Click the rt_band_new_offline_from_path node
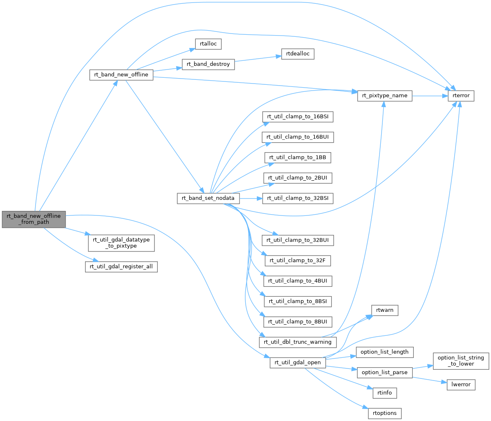tap(33, 219)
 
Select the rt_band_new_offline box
tap(121, 75)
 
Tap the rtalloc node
tap(209, 43)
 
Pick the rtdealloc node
tap(298, 54)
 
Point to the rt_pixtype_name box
tap(384, 96)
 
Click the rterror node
tap(461, 96)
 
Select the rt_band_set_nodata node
tap(208, 198)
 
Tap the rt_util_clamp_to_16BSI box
tap(298, 117)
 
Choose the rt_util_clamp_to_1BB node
tap(298, 158)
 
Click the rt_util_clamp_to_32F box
tap(298, 261)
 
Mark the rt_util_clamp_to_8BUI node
tap(298, 321)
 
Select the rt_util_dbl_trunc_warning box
tap(298, 342)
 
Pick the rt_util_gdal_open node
tap(298, 363)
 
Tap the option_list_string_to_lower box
tap(461, 361)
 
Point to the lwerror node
tap(461, 384)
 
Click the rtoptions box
tap(384, 413)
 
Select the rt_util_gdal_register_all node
tap(121, 266)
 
